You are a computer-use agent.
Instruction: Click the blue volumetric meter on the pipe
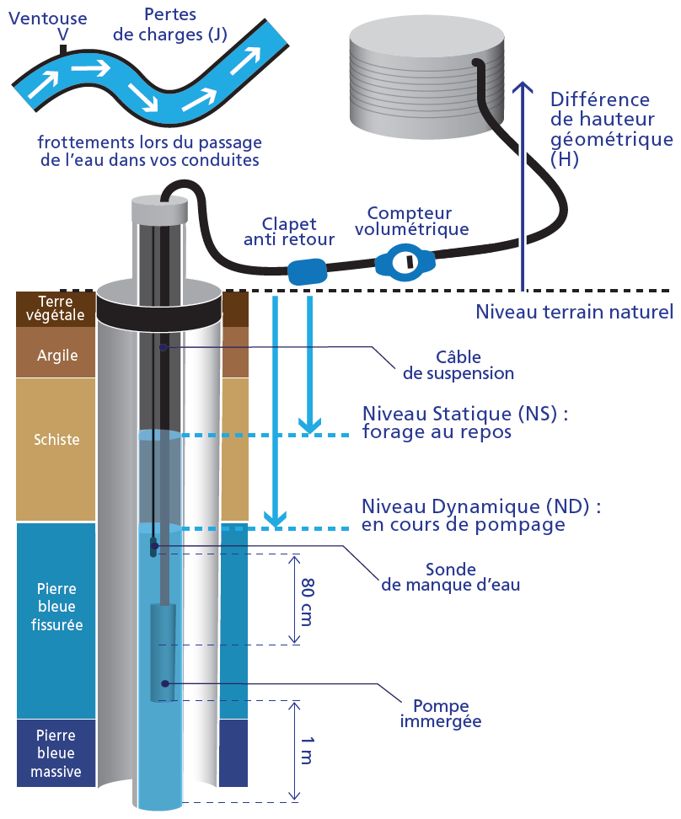pyautogui.click(x=405, y=263)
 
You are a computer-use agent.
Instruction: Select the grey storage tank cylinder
pyautogui.click(x=426, y=76)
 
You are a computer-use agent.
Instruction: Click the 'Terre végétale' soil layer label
pyautogui.click(x=57, y=308)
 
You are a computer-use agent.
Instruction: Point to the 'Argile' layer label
pyautogui.click(x=57, y=355)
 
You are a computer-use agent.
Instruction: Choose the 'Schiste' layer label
pyautogui.click(x=57, y=439)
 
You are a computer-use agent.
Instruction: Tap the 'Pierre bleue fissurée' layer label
pyautogui.click(x=57, y=606)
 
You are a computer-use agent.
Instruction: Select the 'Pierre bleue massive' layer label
pyautogui.click(x=57, y=752)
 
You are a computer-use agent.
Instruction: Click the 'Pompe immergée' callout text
pyautogui.click(x=441, y=713)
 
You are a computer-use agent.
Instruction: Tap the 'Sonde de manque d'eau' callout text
pyautogui.click(x=451, y=577)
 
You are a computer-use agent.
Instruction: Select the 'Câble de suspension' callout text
pyautogui.click(x=458, y=365)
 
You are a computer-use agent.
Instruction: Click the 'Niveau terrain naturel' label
pyautogui.click(x=575, y=313)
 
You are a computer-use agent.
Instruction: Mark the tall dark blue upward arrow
pyautogui.click(x=523, y=185)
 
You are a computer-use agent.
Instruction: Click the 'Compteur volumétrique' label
pyautogui.click(x=412, y=221)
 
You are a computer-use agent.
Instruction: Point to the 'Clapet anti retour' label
pyautogui.click(x=289, y=232)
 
